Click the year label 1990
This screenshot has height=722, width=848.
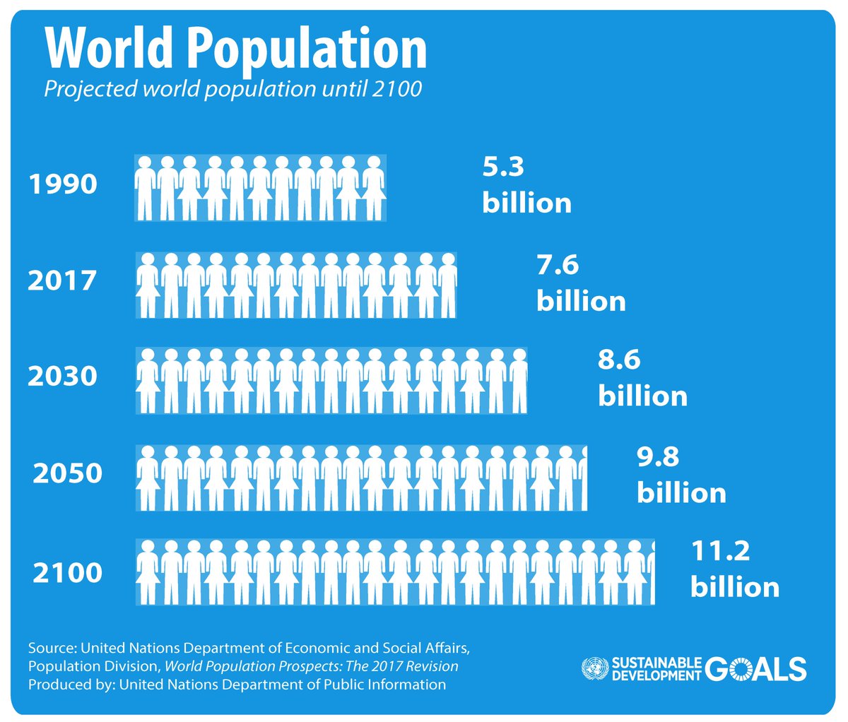point(62,184)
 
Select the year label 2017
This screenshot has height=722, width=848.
point(62,281)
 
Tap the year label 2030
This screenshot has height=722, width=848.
point(62,376)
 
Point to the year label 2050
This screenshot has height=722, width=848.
point(68,473)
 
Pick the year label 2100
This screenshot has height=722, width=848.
point(68,572)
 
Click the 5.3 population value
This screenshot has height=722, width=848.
point(503,167)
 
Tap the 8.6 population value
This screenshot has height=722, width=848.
point(619,360)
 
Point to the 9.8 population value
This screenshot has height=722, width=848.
point(658,457)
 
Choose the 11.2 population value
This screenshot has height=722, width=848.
point(720,551)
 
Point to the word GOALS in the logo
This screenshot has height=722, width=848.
point(755,668)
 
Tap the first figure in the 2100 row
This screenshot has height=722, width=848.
point(148,572)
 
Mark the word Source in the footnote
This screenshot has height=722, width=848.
point(52,648)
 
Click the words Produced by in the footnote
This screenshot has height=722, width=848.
point(71,685)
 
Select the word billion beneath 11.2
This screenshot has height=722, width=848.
point(735,588)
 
